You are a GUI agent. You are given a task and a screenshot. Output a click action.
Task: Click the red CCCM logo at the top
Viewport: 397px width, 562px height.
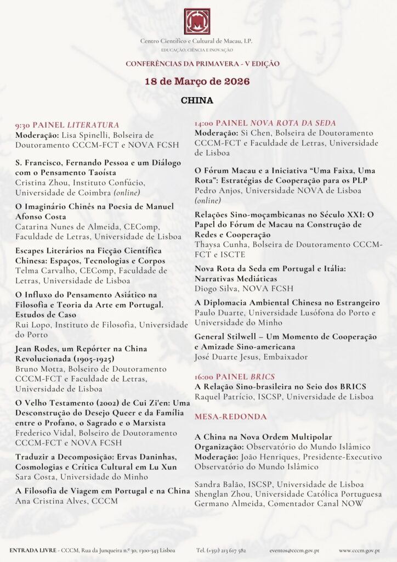[x=197, y=21]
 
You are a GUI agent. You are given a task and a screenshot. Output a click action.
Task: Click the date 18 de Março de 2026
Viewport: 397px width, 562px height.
[x=197, y=81]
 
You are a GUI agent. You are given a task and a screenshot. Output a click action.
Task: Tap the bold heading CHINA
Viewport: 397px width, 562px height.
[x=197, y=100]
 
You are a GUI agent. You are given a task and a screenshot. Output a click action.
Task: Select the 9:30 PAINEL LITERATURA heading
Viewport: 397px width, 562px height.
[x=67, y=125]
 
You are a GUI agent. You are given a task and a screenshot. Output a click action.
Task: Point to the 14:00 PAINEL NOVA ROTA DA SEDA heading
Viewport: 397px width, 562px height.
[x=265, y=123]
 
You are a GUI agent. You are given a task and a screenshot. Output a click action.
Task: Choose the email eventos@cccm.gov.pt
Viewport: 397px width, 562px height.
[x=294, y=549]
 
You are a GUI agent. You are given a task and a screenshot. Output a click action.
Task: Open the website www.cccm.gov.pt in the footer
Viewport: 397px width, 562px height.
[x=360, y=549]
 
